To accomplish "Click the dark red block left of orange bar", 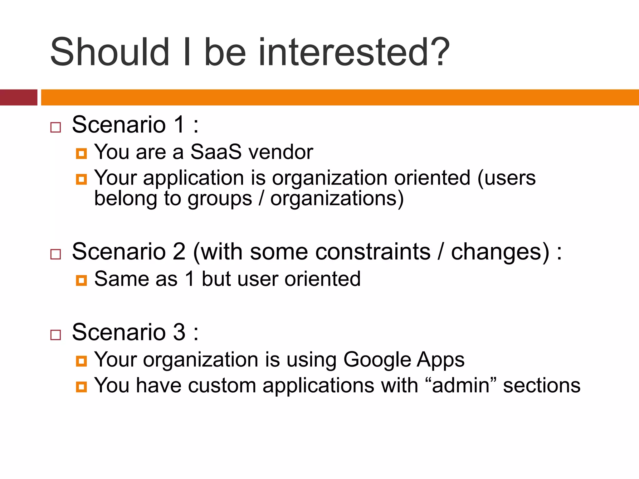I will [x=18, y=97].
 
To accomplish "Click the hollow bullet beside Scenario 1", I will [x=56, y=127].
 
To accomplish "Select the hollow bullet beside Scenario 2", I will [x=56, y=254].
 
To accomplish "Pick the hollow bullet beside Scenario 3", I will [x=56, y=335].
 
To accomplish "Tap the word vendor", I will [x=281, y=152].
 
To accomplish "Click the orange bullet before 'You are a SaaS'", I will [x=81, y=153].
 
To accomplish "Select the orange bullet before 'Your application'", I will [x=81, y=179].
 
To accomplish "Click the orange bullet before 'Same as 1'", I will [x=81, y=280].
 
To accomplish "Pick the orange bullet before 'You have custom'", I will [x=81, y=387].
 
